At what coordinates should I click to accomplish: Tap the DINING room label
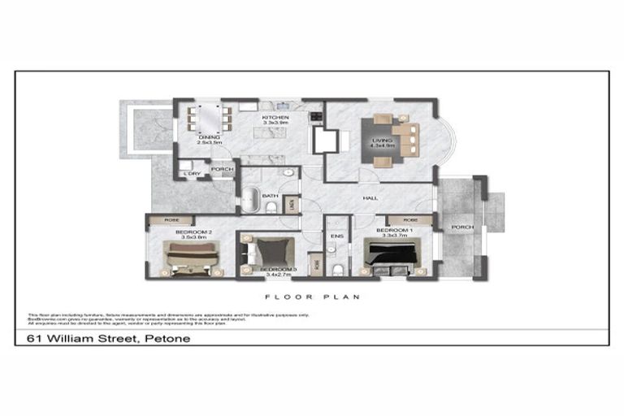coord(209,137)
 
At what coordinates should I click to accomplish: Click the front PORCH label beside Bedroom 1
coord(462,227)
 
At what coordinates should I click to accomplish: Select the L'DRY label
coord(192,174)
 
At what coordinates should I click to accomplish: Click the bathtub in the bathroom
coord(249,197)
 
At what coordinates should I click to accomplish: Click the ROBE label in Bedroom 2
coord(171,220)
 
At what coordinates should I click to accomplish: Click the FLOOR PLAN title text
coord(313,297)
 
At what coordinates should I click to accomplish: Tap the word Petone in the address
coord(167,337)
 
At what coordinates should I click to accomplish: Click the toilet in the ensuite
coord(336,269)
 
